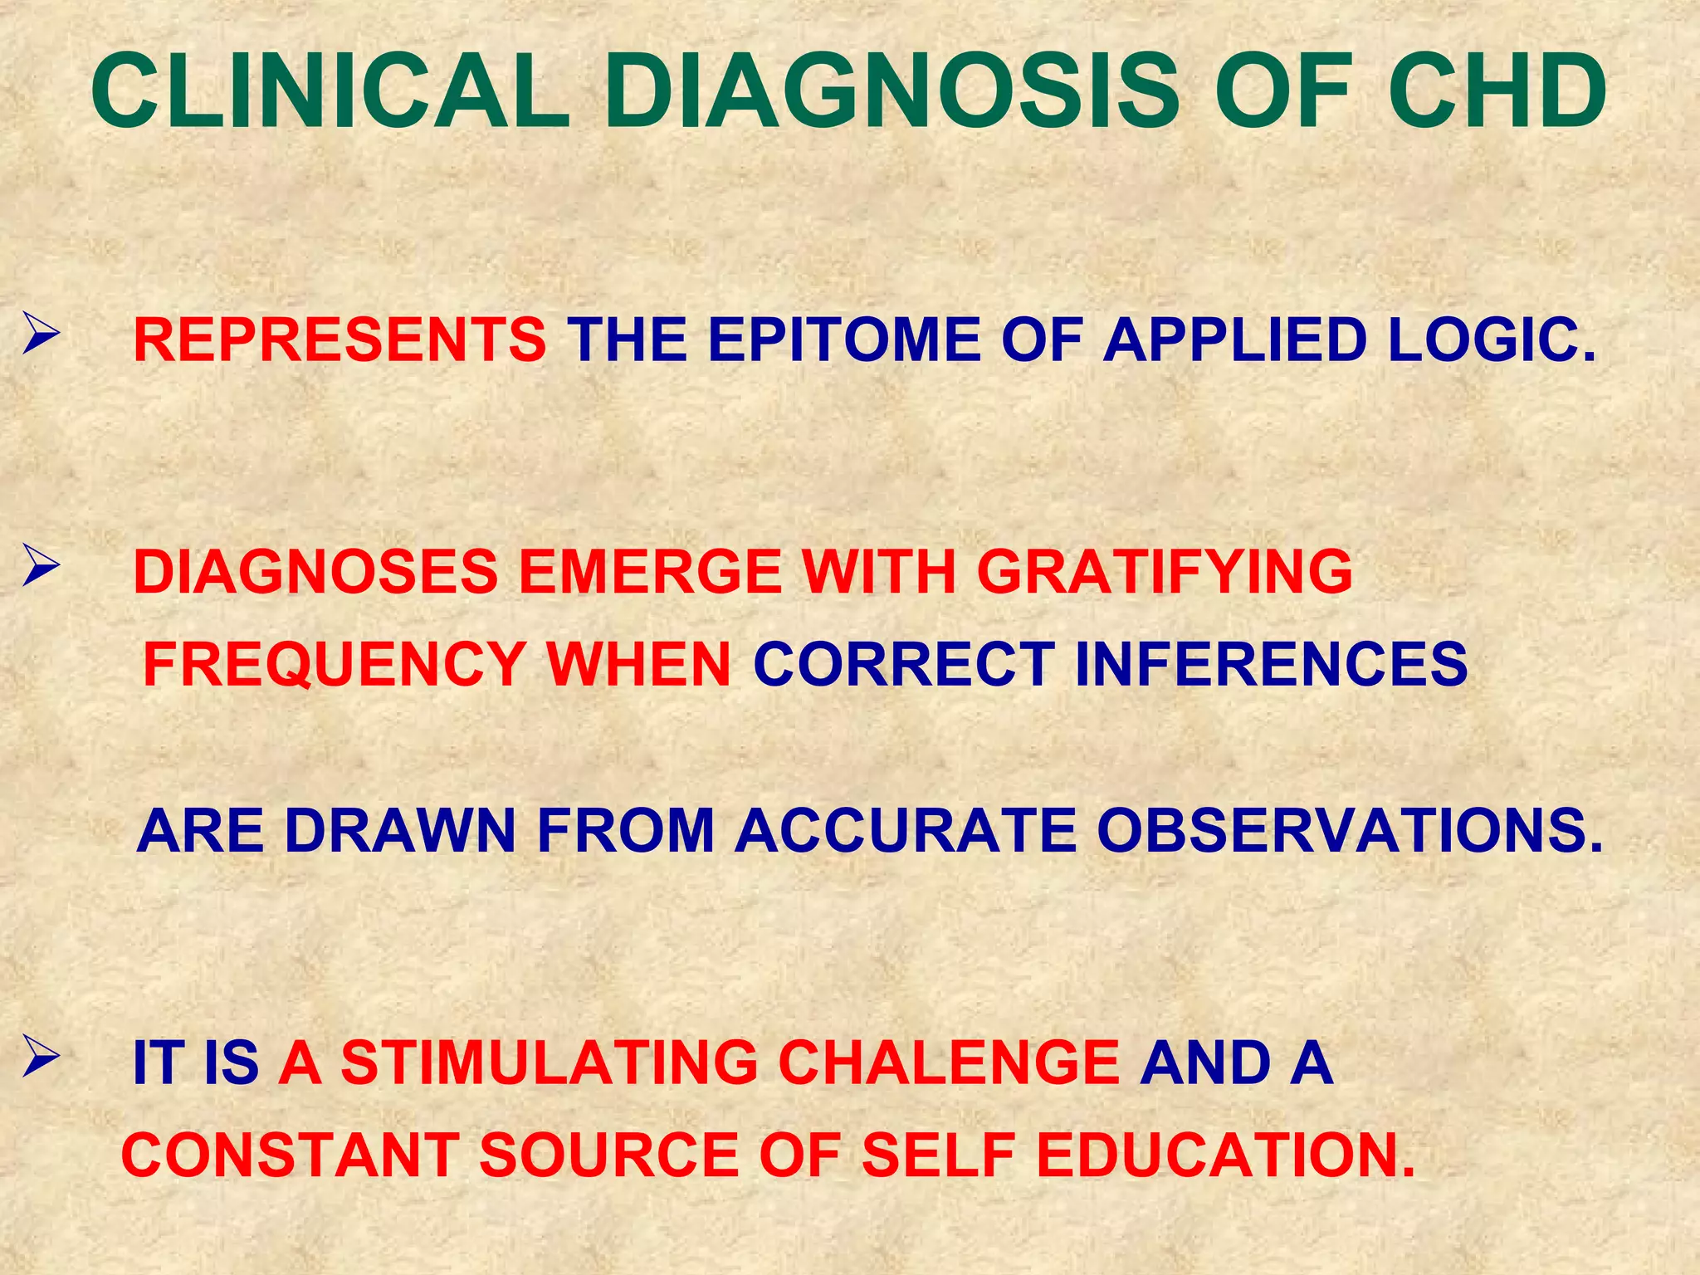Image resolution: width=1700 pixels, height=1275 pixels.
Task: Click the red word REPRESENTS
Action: pos(340,340)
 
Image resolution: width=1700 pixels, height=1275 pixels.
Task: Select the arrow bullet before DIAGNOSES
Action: pos(40,568)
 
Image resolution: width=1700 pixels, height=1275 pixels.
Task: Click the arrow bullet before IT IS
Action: pos(40,1058)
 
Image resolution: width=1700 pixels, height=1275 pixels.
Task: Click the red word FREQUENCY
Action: pos(334,665)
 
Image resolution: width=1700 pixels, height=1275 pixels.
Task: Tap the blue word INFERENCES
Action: pos(1271,665)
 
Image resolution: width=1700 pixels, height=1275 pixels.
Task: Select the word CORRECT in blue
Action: pos(904,665)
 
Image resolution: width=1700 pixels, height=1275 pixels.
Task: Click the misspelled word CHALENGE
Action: pos(949,1062)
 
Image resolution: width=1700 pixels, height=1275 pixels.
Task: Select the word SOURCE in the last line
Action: pos(608,1155)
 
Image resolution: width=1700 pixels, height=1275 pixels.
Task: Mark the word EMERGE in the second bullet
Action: pos(650,573)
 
